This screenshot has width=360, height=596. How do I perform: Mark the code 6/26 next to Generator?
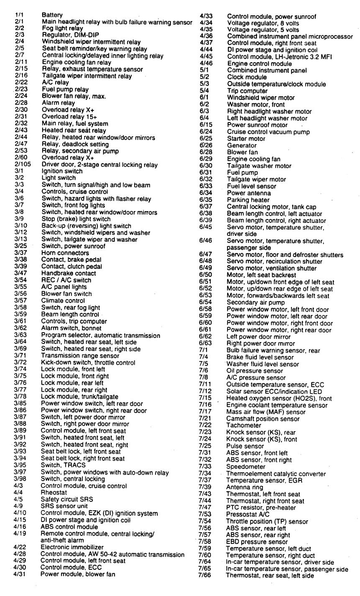[x=205, y=145]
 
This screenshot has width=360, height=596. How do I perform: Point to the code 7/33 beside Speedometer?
[x=205, y=466]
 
